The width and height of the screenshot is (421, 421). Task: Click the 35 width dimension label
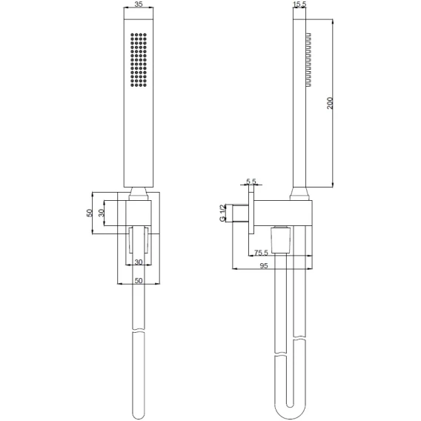(139, 4)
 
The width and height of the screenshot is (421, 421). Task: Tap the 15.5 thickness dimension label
(299, 4)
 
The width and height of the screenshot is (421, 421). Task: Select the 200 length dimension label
(330, 103)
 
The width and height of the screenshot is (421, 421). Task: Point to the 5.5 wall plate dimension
(251, 182)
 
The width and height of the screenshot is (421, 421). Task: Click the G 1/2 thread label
(222, 213)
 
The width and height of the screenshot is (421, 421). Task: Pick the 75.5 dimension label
(261, 253)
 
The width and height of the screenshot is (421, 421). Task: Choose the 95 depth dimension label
(264, 265)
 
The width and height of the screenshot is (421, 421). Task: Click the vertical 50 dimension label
(90, 213)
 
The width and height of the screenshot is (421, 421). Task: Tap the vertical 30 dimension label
(102, 213)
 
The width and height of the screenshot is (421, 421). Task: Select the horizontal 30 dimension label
(139, 262)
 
